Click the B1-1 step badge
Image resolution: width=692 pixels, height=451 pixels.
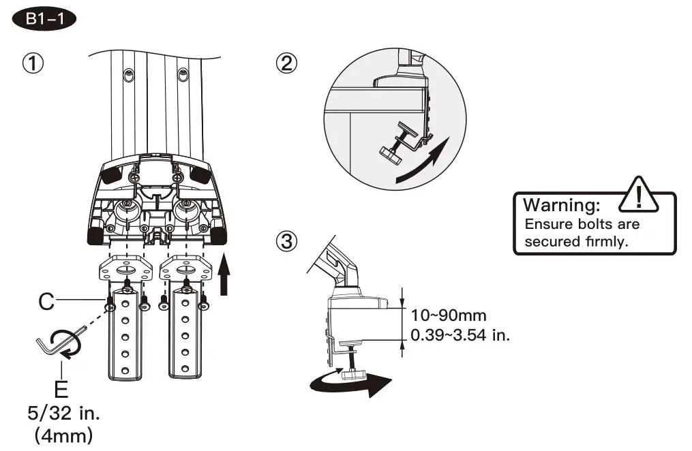pyautogui.click(x=44, y=18)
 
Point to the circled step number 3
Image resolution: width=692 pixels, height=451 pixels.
pyautogui.click(x=286, y=240)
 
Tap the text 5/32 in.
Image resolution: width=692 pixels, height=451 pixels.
pyautogui.click(x=61, y=414)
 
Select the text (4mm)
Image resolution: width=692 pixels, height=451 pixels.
pyautogui.click(x=61, y=435)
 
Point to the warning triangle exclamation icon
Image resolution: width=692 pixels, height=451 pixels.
pyautogui.click(x=637, y=195)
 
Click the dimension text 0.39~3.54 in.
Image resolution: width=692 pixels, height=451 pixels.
pyautogui.click(x=460, y=335)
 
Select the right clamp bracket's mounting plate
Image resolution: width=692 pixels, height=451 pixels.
pyautogui.click(x=185, y=269)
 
